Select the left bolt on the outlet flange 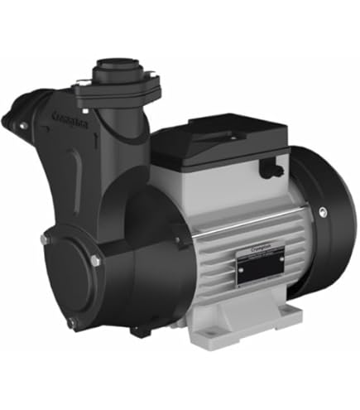(79, 80)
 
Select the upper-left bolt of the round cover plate (44, 239)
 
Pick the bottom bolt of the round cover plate (71, 322)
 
